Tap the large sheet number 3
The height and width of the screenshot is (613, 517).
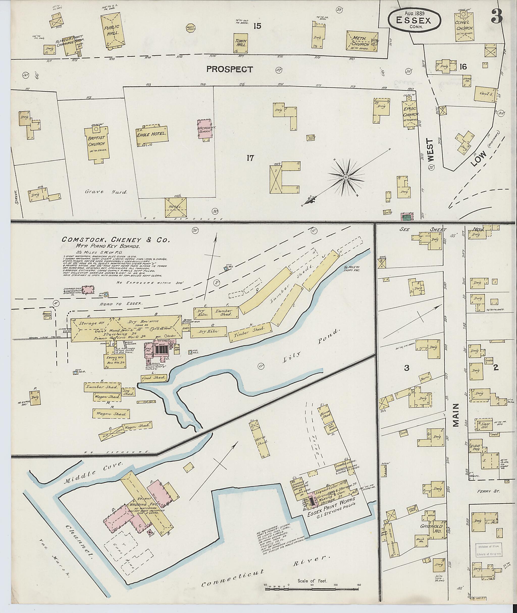pos(497,16)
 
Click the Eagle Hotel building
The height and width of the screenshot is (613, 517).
pos(152,135)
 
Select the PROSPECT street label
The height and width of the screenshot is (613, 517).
pos(229,69)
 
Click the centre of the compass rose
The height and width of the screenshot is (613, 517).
pos(346,177)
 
